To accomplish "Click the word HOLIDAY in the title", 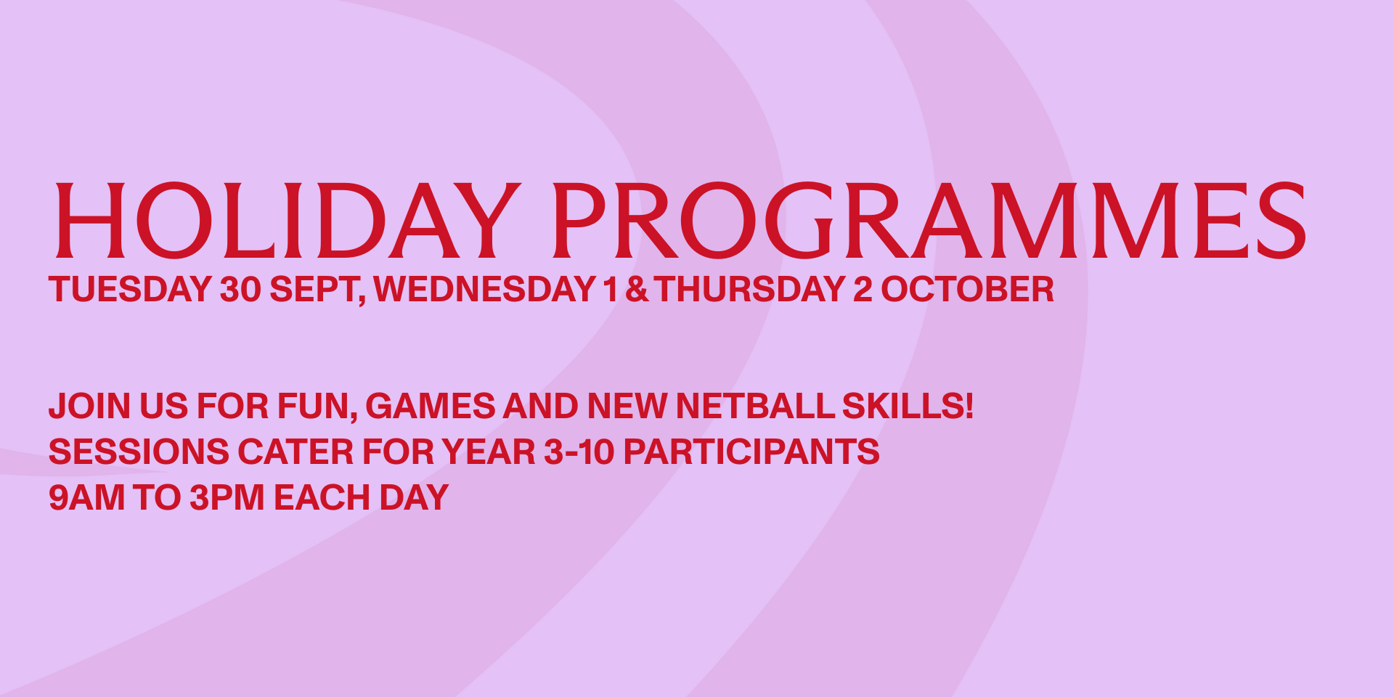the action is pos(288,221).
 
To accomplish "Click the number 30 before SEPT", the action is pos(240,290).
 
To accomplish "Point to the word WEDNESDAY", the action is pos(484,290).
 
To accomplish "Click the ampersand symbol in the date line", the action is pos(637,290).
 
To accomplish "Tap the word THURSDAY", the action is pos(750,290).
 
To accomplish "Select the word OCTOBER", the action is pos(967,290).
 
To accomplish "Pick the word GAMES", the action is pos(431,407).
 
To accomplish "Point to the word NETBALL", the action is pos(755,407).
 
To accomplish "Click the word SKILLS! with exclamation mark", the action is pos(908,407).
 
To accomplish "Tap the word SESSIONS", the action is pos(139,452).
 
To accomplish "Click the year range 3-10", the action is pos(579,452).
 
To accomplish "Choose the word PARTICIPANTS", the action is pos(751,452).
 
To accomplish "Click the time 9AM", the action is pos(86,498).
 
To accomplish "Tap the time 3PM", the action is pos(227,498).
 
